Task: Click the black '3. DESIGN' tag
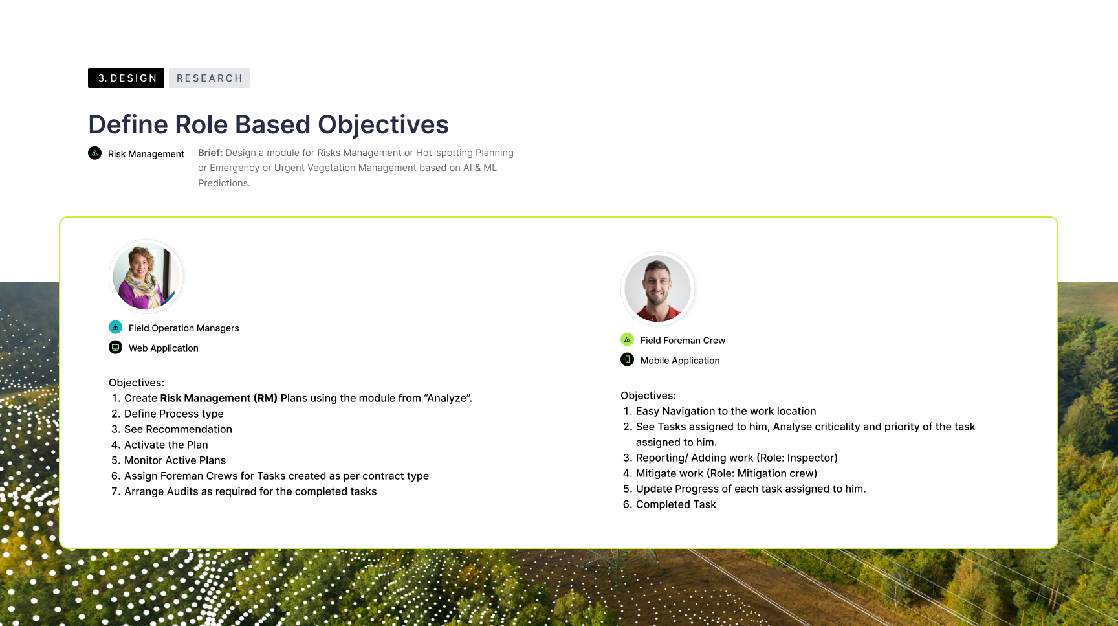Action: coord(126,78)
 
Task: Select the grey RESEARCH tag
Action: coord(209,78)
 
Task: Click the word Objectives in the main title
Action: coord(383,125)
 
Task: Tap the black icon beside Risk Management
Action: coord(94,153)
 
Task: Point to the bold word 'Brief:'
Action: coord(210,153)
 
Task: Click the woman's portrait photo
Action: coord(146,276)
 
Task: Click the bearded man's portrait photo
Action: coord(658,289)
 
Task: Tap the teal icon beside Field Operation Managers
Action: coord(115,328)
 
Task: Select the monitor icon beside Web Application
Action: coord(115,348)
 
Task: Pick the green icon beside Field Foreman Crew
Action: coord(627,340)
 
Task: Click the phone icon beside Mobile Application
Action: coord(627,360)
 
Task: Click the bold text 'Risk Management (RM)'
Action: coord(219,398)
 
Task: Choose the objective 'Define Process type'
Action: coord(174,414)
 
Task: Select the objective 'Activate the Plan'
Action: coord(166,445)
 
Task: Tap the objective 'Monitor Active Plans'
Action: coord(175,460)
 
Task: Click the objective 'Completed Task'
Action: coord(676,504)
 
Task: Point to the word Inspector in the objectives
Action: coord(810,458)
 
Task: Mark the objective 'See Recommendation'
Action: coord(178,429)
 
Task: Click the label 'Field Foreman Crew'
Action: coord(683,341)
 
